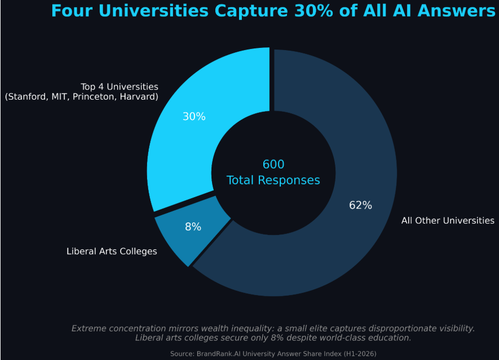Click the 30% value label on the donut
coord(194,117)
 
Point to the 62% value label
coord(361,205)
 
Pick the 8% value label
coord(193,226)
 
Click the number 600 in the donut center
coord(273,164)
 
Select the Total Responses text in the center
coord(273,180)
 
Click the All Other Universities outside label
coord(448,220)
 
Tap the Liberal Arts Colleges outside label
coord(112,251)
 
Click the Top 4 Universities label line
coord(120,86)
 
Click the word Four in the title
coord(70,10)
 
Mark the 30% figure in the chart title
coord(316,10)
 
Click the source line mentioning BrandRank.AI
coord(273,353)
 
